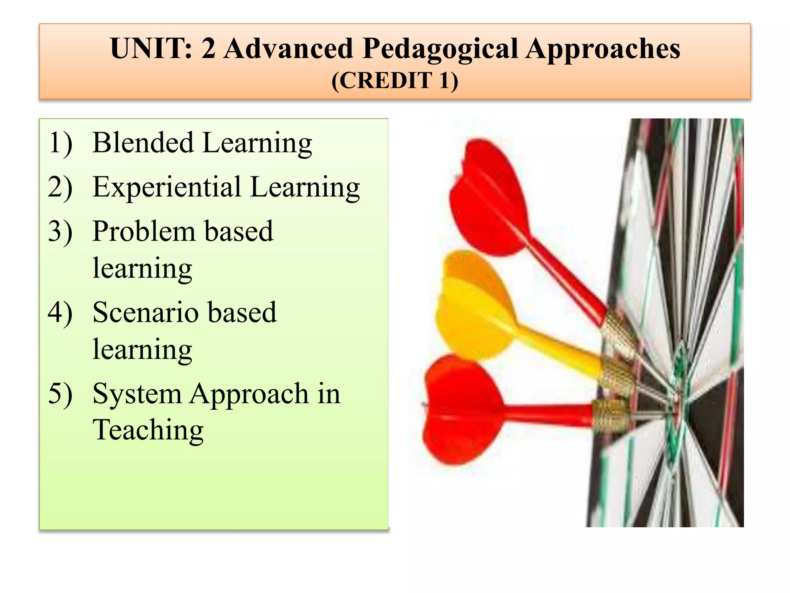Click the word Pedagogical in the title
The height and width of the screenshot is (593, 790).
click(x=440, y=49)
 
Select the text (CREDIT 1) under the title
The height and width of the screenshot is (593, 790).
click(x=395, y=81)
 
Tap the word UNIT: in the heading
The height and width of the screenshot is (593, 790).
click(x=151, y=49)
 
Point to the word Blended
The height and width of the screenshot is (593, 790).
click(x=142, y=143)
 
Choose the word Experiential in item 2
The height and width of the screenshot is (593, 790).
click(x=167, y=188)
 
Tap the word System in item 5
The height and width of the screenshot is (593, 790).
click(x=137, y=394)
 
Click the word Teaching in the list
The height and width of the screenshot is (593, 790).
click(x=148, y=430)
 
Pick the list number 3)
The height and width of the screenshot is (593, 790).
click(x=60, y=232)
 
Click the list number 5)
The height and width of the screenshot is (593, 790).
click(x=60, y=394)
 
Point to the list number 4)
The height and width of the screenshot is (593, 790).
click(x=60, y=312)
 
